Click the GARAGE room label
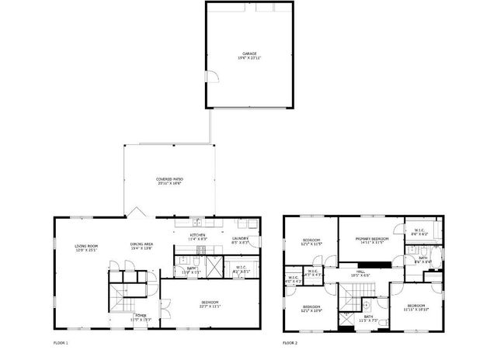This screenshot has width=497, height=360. (x=248, y=54)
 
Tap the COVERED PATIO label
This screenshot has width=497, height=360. (x=169, y=179)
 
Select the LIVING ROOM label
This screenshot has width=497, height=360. (x=85, y=246)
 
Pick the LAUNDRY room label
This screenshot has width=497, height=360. (x=240, y=239)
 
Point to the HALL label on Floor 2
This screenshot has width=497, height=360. (x=360, y=272)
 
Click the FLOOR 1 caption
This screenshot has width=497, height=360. (x=61, y=342)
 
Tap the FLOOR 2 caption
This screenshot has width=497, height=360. (x=290, y=342)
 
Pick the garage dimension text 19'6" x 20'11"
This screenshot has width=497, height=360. (x=248, y=58)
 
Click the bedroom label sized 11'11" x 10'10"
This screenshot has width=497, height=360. (x=416, y=306)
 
